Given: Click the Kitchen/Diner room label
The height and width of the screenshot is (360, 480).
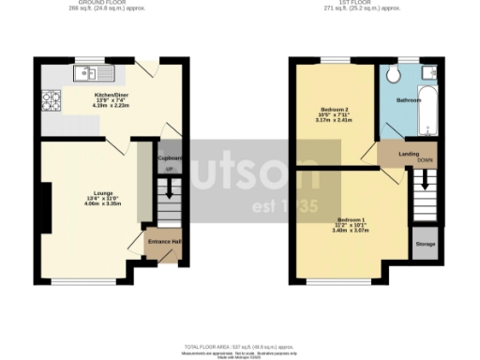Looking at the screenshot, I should coord(103,95).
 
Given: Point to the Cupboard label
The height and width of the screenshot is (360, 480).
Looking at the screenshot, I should coord(170,157).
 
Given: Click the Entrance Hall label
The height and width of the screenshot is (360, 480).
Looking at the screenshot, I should coord(163,242).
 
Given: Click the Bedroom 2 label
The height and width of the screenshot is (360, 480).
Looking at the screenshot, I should coord(333,112).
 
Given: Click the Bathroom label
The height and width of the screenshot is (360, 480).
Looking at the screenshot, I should coord(409,99).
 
